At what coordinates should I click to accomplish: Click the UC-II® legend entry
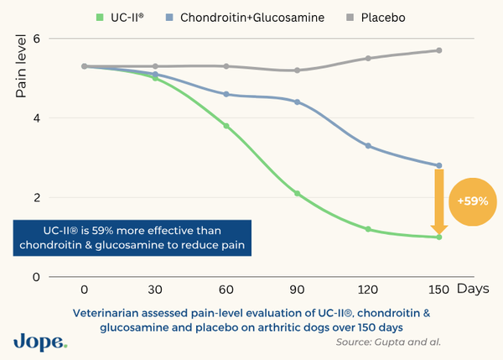click(120, 16)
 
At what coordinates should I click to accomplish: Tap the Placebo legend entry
click(376, 16)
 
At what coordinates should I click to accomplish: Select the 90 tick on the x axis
click(297, 290)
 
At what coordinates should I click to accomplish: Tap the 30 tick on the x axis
click(155, 290)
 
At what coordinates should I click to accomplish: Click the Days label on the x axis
click(474, 290)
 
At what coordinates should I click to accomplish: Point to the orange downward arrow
click(438, 201)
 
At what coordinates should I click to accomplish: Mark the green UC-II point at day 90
click(297, 194)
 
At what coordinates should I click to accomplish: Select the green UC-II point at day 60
click(226, 126)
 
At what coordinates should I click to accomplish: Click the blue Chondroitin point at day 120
click(367, 146)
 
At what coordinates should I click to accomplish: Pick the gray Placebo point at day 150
click(438, 50)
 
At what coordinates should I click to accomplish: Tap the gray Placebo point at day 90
click(297, 70)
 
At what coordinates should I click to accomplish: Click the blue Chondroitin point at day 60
click(226, 94)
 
